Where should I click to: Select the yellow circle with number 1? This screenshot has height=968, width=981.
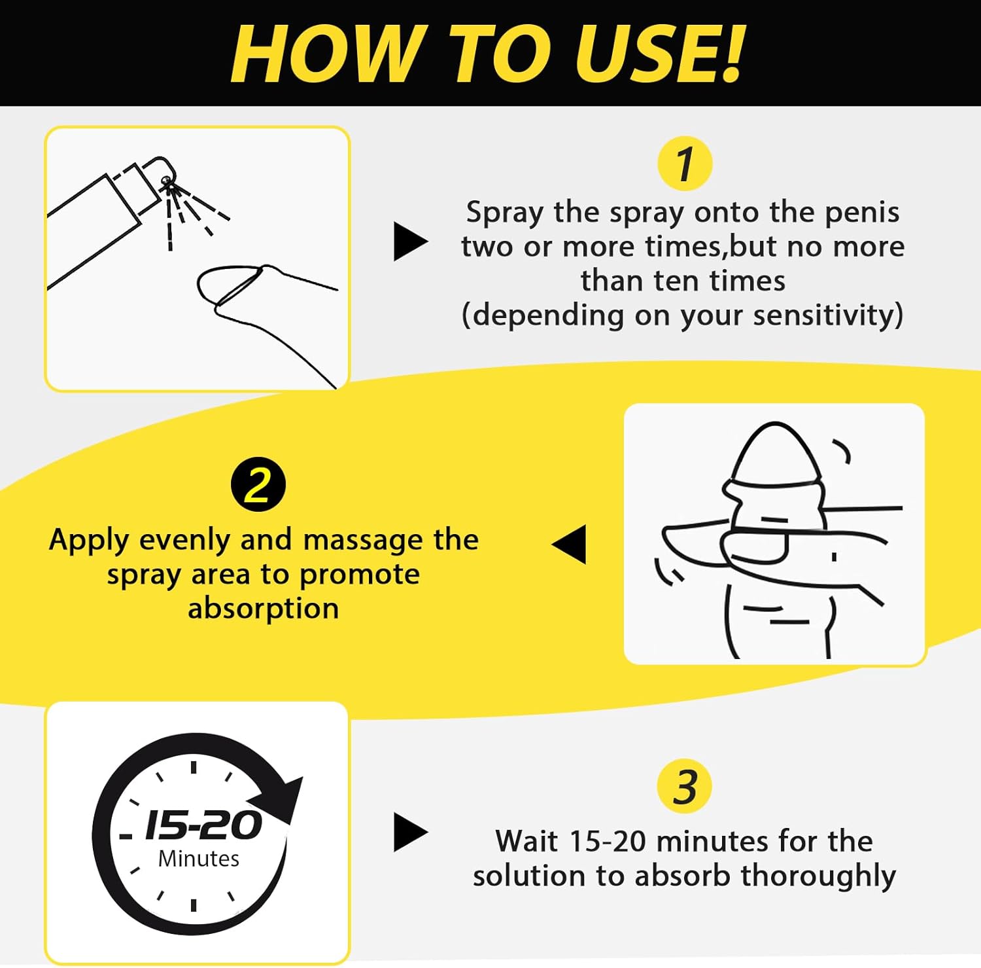tap(684, 164)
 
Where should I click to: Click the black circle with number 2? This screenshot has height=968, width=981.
tap(258, 485)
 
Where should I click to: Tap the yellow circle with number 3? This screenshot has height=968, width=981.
tap(684, 787)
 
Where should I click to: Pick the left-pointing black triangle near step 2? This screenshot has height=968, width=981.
tap(571, 544)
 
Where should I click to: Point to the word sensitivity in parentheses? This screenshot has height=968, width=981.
tap(826, 315)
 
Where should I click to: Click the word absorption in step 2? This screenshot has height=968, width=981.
tap(264, 609)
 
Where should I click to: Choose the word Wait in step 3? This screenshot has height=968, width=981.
tap(527, 842)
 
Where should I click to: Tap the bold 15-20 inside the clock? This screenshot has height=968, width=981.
tap(203, 825)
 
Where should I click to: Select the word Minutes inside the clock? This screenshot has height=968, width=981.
tap(199, 859)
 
